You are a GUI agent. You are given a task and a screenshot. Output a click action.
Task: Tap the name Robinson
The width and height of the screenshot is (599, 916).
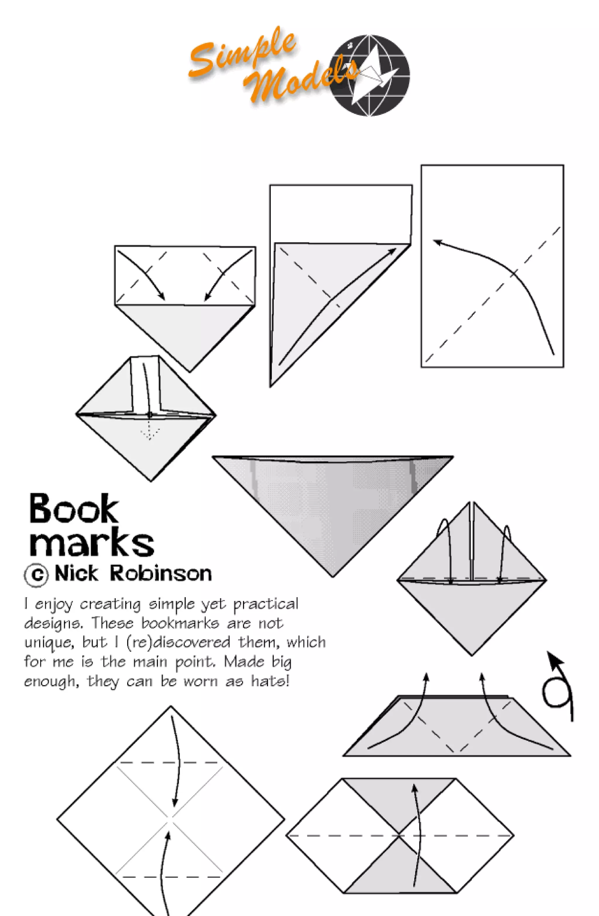(x=161, y=574)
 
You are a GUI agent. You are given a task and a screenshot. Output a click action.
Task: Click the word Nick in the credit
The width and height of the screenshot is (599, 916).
(x=76, y=574)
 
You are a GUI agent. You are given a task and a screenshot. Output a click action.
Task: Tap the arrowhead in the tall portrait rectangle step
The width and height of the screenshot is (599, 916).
(x=437, y=241)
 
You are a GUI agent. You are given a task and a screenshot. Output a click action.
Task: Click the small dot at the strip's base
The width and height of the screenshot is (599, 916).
(x=149, y=414)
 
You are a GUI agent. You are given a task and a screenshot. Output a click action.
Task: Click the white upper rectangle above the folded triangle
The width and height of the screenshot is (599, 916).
(x=341, y=213)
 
